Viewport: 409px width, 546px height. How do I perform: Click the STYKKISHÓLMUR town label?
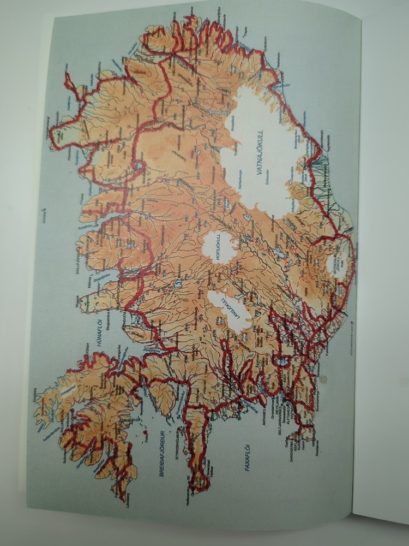(x=177, y=440)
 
